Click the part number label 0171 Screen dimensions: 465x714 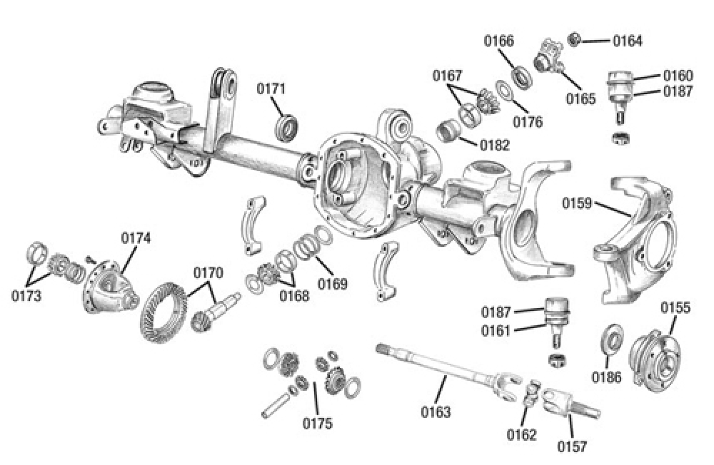[271, 89]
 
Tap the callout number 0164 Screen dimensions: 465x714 [628, 41]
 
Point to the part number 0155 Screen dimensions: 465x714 [675, 308]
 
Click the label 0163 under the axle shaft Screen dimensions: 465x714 [436, 412]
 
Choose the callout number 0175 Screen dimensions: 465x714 [317, 424]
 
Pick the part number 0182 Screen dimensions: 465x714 [495, 145]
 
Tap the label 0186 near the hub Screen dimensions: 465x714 [606, 376]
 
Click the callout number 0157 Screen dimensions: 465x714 [572, 446]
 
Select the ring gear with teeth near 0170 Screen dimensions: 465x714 [164, 312]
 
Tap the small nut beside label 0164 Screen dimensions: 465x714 [574, 39]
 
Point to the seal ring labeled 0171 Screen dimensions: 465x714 [288, 128]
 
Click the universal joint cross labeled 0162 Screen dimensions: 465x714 [530, 393]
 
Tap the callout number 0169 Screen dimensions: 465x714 [333, 284]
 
